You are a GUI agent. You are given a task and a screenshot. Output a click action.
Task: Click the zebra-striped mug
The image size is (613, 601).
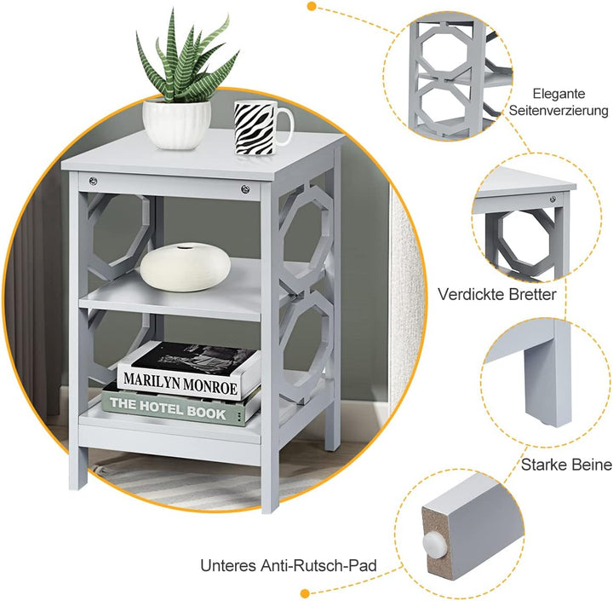click(x=258, y=127)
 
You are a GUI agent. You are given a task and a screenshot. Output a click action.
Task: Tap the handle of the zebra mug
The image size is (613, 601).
click(x=288, y=126)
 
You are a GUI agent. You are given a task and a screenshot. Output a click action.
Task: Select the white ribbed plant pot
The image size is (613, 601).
click(x=177, y=124)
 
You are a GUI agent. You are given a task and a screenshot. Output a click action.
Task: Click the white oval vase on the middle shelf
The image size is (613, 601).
click(x=186, y=267)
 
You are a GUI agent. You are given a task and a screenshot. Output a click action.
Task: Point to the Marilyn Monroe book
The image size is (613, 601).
click(x=189, y=370)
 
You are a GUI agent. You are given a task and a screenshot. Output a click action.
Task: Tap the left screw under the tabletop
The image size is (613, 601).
click(x=93, y=181)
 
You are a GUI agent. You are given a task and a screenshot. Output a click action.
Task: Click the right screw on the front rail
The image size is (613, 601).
click(x=245, y=189)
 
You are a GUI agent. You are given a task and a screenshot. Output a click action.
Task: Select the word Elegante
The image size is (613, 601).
click(x=559, y=94)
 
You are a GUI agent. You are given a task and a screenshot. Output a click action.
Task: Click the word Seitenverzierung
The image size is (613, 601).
click(x=559, y=111)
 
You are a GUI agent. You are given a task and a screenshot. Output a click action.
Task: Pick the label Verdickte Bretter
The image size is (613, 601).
click(x=497, y=294)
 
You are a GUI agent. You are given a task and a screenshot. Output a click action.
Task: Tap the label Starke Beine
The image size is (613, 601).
click(x=566, y=465)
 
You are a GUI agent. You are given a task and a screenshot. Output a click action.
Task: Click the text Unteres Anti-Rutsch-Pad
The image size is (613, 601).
click(x=289, y=565)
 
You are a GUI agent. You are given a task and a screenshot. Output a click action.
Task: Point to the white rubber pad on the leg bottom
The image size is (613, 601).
click(x=434, y=542)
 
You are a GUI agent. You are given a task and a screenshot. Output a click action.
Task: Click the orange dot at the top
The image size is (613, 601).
click(x=312, y=6)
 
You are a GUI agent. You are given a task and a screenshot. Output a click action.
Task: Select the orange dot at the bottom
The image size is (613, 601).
click(x=306, y=593)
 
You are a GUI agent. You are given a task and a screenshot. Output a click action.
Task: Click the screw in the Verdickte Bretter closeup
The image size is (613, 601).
click(x=553, y=199)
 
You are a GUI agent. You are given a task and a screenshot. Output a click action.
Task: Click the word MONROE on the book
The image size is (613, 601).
click(x=210, y=385)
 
